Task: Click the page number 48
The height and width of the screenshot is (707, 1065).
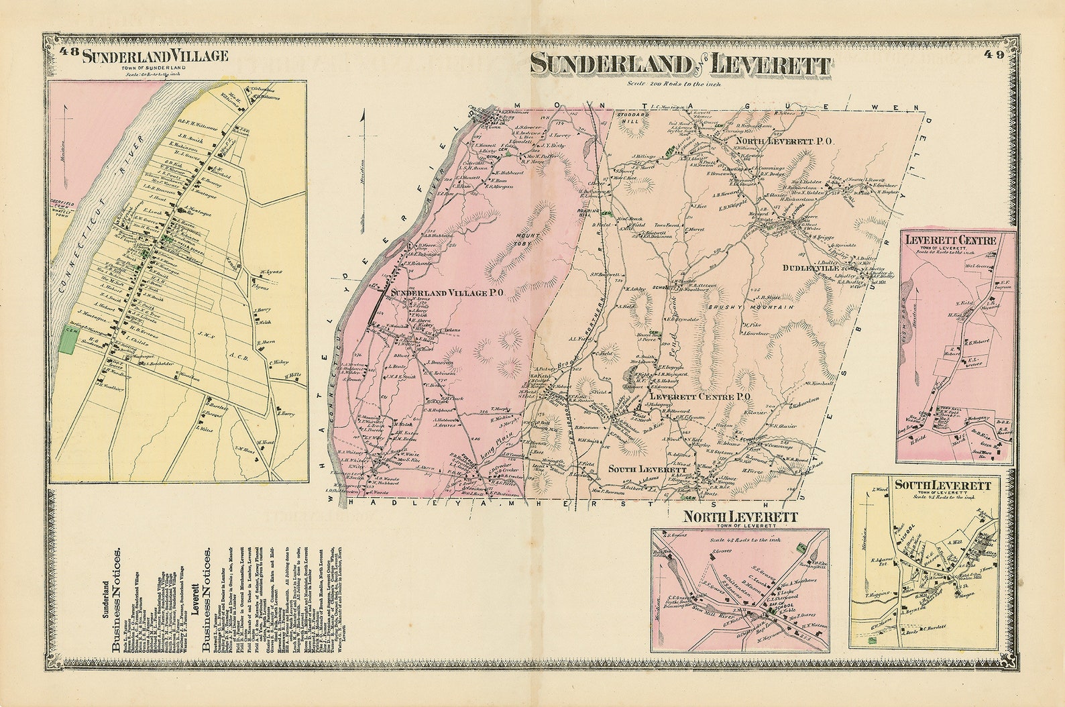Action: point(68,53)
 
